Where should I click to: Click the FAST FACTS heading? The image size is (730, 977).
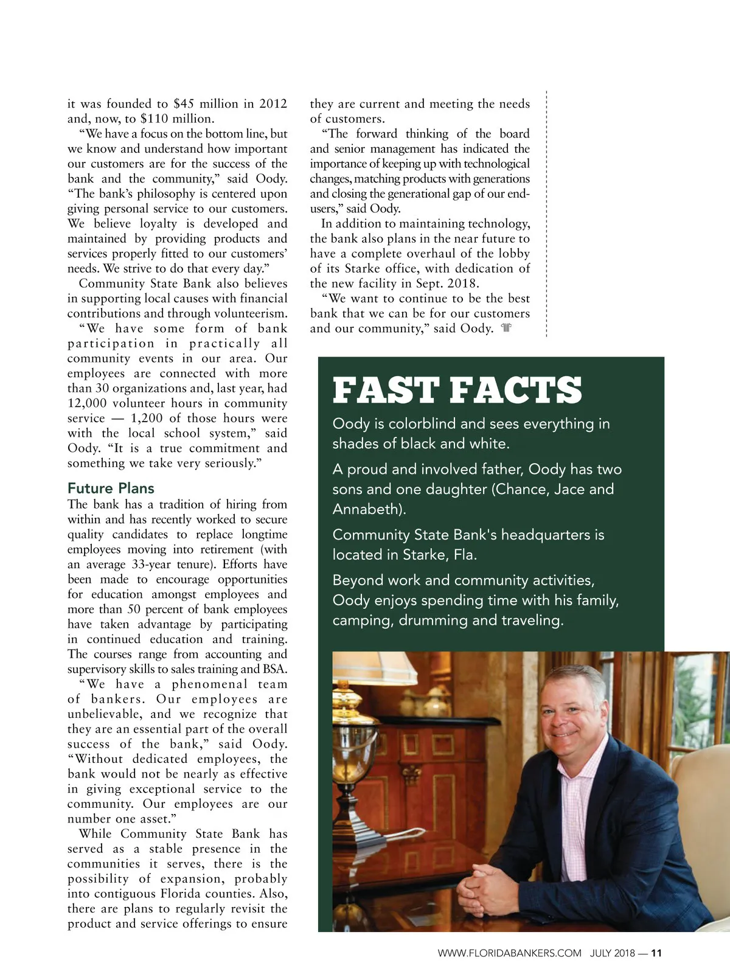(457, 391)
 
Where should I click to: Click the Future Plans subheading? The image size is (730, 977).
(111, 488)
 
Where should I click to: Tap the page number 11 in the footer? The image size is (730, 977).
(656, 953)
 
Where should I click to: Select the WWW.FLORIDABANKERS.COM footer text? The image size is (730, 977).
(509, 953)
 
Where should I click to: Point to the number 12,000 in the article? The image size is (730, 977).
(87, 403)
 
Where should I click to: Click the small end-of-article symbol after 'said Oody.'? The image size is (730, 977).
(506, 329)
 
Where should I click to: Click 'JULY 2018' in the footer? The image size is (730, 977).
(612, 953)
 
